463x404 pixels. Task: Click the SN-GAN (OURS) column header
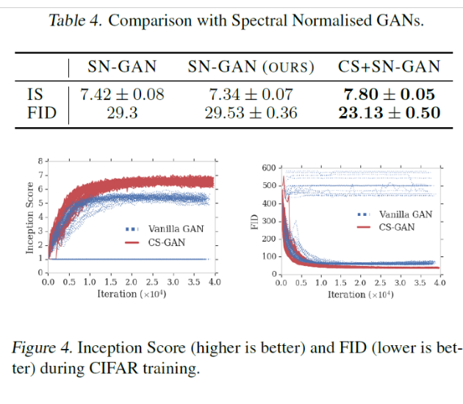tap(251, 68)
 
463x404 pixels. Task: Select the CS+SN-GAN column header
tap(389, 68)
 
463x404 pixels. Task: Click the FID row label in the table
tap(40, 112)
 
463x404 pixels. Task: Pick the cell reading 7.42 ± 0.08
tap(122, 94)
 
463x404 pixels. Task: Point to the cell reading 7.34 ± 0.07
tap(251, 94)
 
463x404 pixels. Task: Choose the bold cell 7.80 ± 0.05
tap(389, 94)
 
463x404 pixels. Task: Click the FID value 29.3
tap(122, 112)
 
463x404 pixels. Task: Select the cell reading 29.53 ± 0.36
tap(251, 112)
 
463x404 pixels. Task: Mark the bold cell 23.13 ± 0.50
tap(389, 112)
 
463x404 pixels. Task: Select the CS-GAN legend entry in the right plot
tap(397, 228)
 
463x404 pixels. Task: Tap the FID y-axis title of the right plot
tap(256, 221)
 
